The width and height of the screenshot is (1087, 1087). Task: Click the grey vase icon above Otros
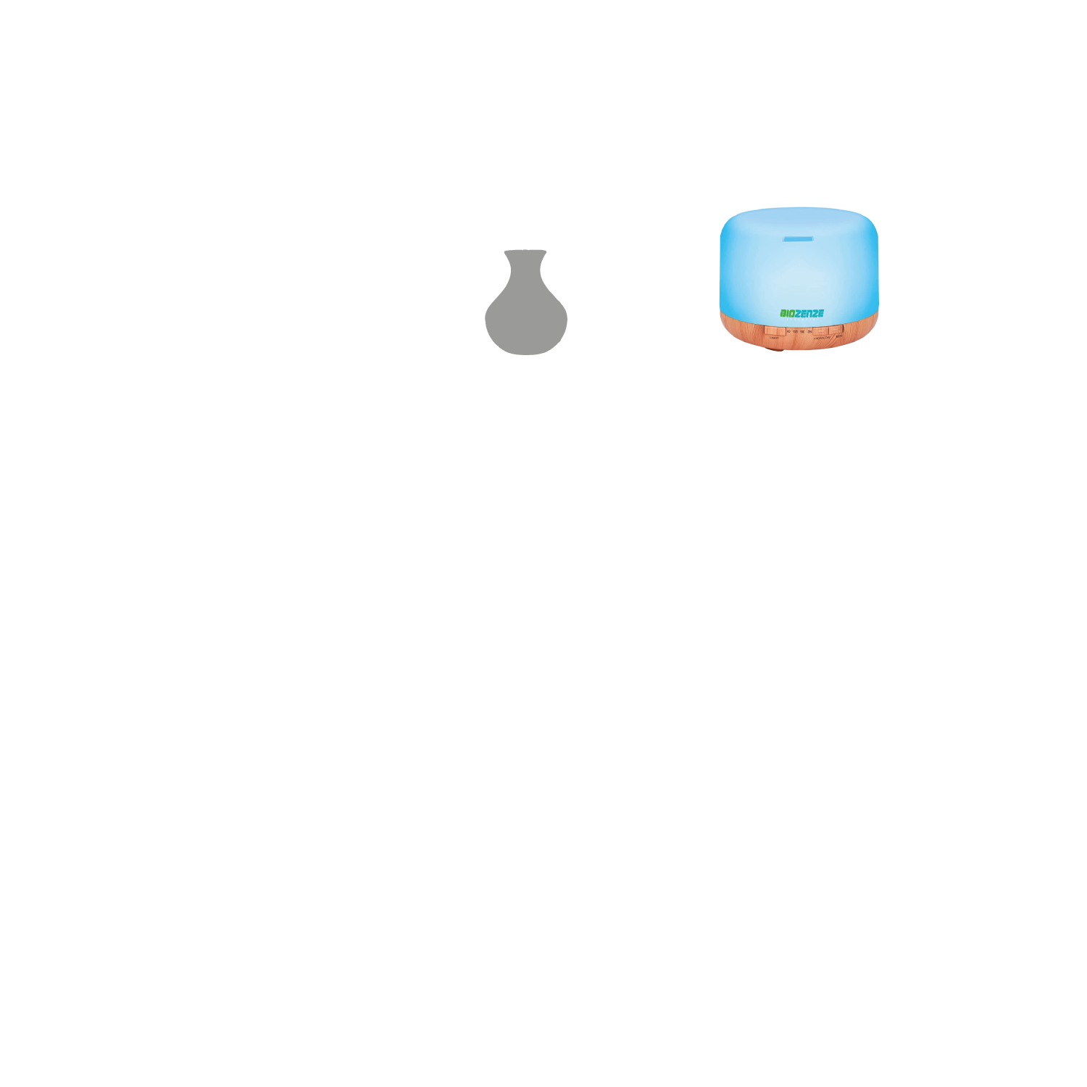point(525,304)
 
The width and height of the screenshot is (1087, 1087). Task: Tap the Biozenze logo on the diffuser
point(801,313)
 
